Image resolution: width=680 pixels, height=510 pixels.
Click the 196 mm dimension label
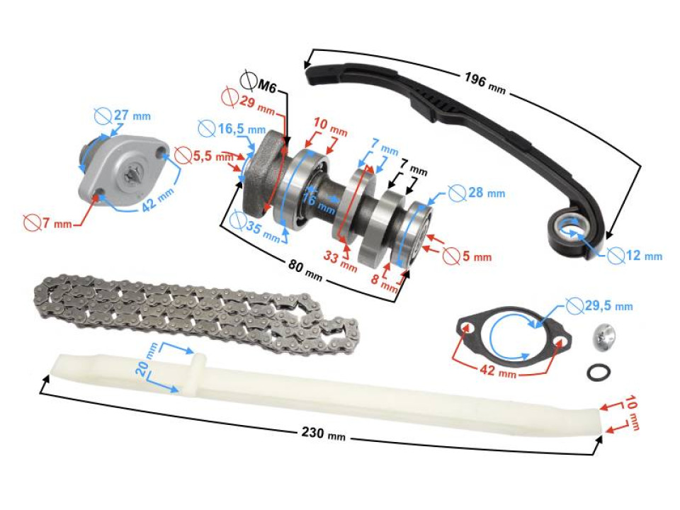484,82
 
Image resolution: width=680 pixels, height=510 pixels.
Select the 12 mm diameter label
637,255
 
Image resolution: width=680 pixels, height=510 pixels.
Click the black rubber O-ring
597,370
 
